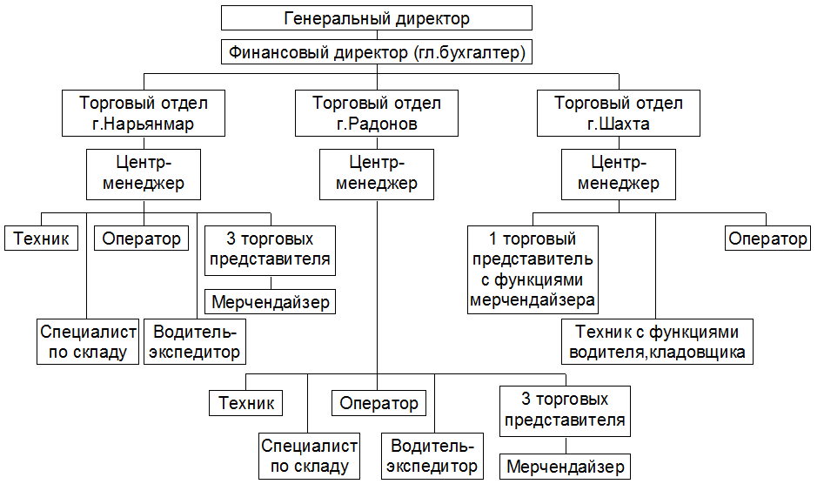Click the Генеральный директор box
click(x=376, y=18)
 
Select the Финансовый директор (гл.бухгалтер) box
click(x=376, y=52)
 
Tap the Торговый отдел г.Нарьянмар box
click(x=144, y=113)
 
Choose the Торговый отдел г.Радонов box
click(x=376, y=113)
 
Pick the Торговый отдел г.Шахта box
click(x=619, y=113)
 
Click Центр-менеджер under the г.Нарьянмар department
click(x=144, y=174)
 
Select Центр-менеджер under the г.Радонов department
click(x=376, y=174)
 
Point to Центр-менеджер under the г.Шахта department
click(x=619, y=174)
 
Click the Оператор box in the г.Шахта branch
click(x=767, y=238)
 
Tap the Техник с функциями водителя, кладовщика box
click(x=657, y=341)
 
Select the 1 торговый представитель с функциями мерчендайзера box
click(x=533, y=270)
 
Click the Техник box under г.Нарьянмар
click(x=42, y=238)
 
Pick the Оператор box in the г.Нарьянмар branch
click(x=141, y=238)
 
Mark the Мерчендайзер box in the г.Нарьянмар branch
click(x=270, y=302)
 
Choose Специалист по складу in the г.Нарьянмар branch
click(x=88, y=341)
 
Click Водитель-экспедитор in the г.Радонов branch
click(x=432, y=455)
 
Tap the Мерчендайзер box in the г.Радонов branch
click(x=565, y=466)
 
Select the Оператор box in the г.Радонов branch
click(x=379, y=403)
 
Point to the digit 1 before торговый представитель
click(x=492, y=239)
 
